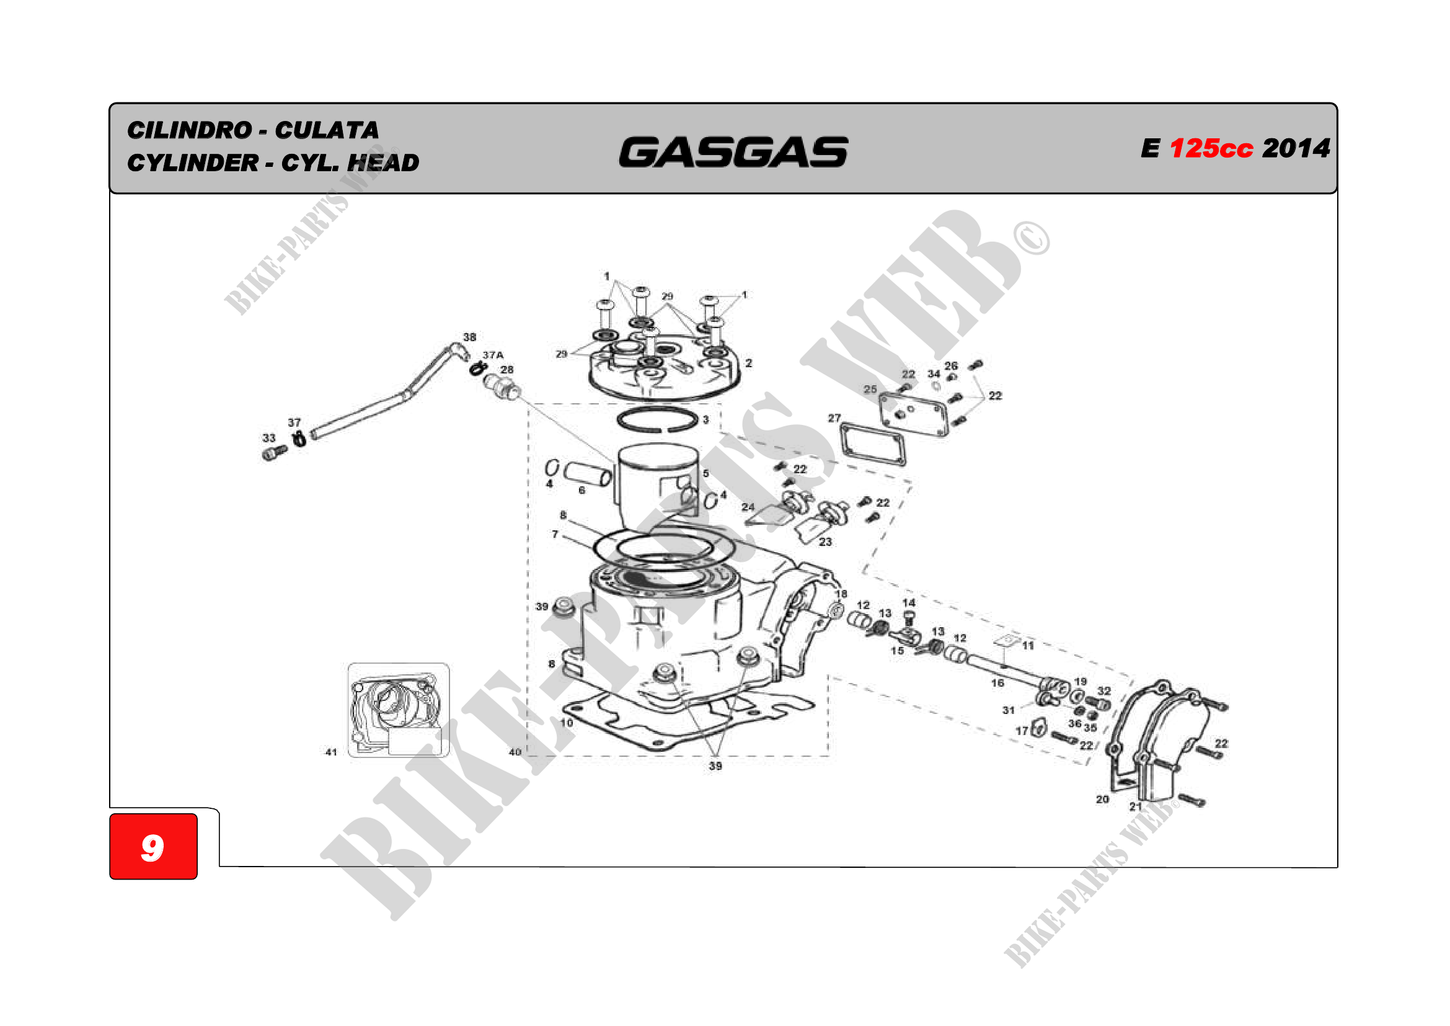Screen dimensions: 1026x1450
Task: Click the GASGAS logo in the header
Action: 733,152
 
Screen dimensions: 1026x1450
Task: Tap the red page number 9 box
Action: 154,846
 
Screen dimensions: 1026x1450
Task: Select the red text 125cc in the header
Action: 1211,148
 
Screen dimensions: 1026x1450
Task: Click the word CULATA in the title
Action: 327,130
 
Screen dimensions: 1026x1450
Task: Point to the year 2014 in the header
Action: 1296,148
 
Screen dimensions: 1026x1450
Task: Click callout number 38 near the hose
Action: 470,337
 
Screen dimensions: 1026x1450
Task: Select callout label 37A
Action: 493,355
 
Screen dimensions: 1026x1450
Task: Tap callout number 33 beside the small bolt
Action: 269,438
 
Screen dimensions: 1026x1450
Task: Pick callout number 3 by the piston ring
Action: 705,419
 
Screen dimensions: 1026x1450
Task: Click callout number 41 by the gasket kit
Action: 331,752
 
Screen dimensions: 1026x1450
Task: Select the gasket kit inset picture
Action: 399,710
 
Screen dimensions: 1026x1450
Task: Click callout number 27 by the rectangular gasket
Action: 834,418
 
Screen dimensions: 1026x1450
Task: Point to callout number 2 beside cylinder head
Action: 748,364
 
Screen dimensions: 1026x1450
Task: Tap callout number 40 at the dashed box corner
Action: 515,752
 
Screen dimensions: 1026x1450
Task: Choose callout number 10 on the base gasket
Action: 567,723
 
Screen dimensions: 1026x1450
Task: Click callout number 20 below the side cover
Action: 1102,799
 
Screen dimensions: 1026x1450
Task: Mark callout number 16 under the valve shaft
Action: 997,683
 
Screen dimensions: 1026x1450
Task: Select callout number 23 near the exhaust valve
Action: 824,542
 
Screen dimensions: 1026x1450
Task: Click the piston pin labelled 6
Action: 588,473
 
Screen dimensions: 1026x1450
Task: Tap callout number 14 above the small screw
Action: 909,603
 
